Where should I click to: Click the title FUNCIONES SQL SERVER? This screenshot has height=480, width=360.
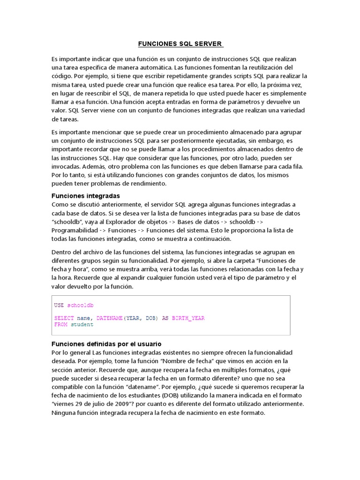[x=180, y=44]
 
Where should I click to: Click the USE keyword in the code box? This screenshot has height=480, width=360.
[x=59, y=305]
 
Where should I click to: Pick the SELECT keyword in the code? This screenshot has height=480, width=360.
[x=64, y=318]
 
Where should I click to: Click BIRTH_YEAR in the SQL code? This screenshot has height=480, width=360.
[x=188, y=318]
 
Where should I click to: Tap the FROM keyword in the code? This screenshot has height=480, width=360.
[x=61, y=324]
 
